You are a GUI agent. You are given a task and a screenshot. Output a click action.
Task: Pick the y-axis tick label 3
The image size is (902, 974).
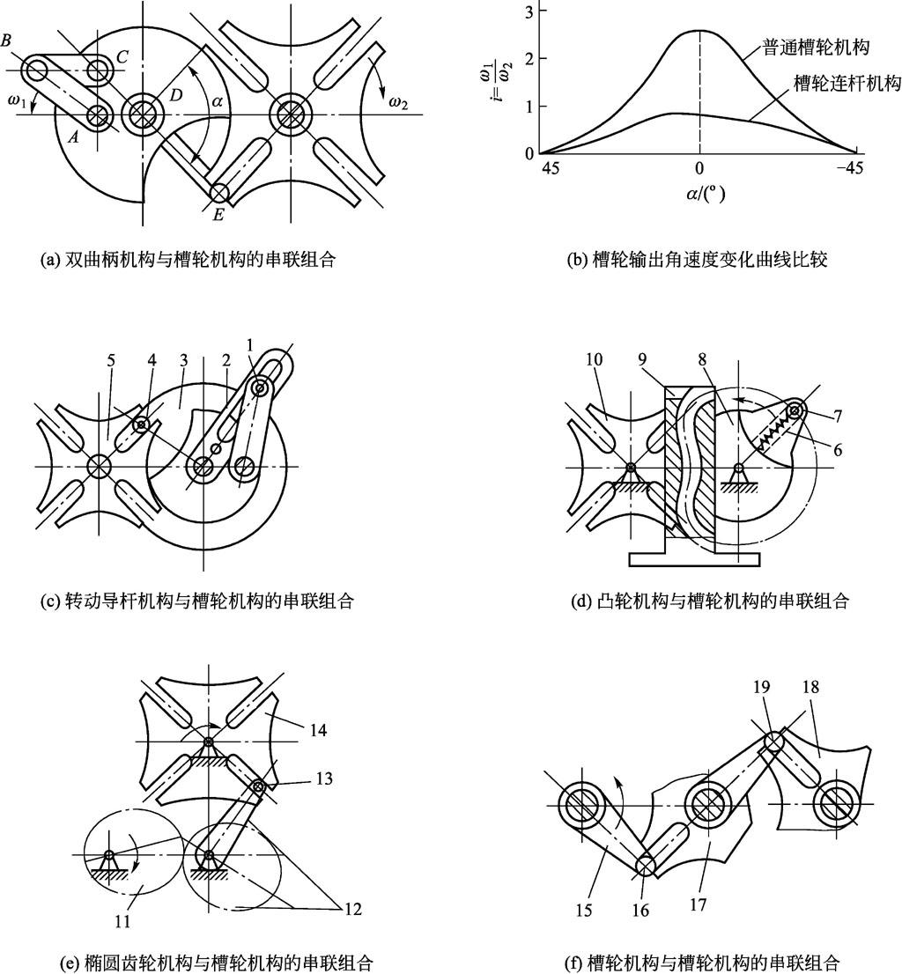527,11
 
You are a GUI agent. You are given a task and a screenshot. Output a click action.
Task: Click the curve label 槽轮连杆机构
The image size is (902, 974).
837,85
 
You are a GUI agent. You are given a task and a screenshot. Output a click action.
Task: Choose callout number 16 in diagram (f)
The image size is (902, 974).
641,910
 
